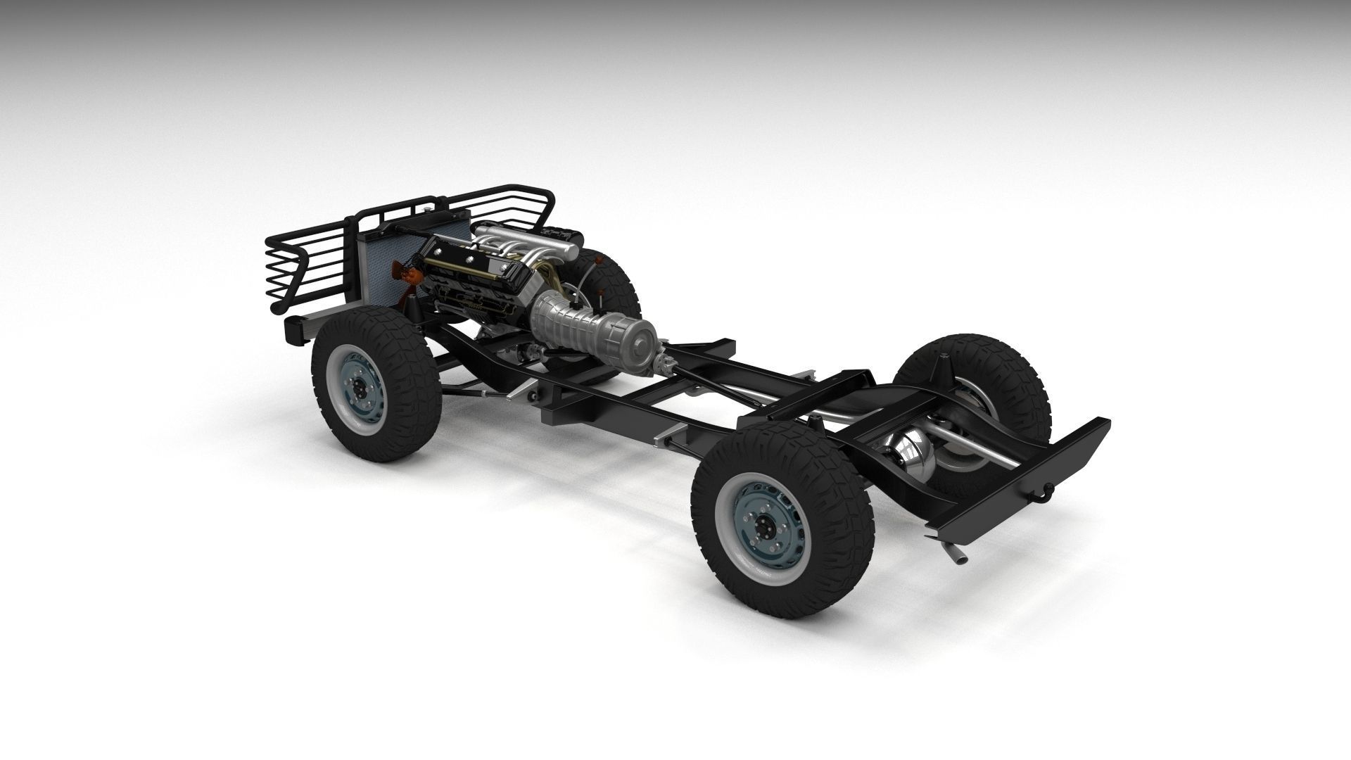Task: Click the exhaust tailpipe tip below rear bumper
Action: point(958,558)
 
